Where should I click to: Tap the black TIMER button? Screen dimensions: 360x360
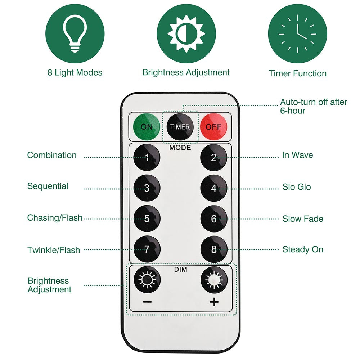[x=180, y=127]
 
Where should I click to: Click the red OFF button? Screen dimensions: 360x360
[x=213, y=127]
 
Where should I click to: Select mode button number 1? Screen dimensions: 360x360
[x=147, y=157]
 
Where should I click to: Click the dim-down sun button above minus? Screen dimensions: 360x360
[x=147, y=280]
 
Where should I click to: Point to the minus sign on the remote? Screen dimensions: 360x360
[x=147, y=302]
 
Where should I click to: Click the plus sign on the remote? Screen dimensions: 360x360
[x=214, y=302]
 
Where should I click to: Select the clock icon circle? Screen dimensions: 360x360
[x=297, y=35]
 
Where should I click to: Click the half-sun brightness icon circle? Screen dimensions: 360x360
[x=186, y=35]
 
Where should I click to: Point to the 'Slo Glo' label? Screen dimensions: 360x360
[x=297, y=187]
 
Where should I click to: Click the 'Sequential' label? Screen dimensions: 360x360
[x=48, y=186]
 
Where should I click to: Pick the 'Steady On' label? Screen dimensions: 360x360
[x=303, y=249]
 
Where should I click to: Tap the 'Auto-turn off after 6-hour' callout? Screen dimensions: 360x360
[x=313, y=106]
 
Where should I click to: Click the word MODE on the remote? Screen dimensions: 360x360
[x=180, y=148]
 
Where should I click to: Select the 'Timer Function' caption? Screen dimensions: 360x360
[x=297, y=73]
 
